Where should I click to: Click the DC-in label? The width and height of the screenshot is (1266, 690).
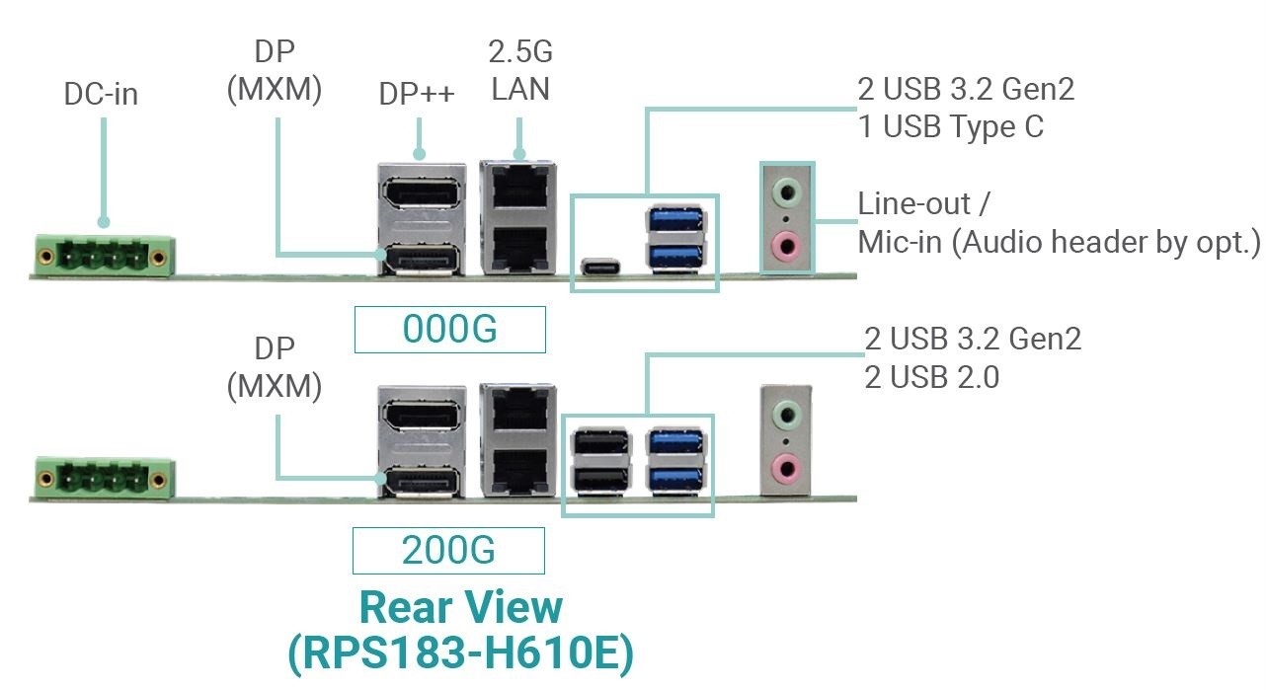click(101, 95)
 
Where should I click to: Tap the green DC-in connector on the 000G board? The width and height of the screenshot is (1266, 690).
click(105, 255)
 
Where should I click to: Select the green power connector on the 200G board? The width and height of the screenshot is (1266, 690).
click(105, 477)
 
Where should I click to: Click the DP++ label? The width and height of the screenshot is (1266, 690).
click(417, 95)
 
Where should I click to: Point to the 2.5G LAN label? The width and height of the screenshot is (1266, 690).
click(520, 70)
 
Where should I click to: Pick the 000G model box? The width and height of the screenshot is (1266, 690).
click(449, 330)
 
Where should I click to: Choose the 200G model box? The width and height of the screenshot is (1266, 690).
click(448, 551)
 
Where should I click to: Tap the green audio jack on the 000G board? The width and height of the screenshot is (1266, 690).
click(785, 190)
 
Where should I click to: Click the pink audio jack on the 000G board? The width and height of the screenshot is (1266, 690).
click(785, 242)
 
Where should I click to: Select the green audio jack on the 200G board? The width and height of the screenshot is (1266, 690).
click(785, 412)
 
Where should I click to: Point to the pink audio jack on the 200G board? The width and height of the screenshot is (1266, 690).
click(785, 464)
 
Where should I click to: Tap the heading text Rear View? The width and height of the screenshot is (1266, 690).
click(460, 607)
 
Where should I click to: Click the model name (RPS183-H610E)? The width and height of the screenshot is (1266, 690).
click(460, 654)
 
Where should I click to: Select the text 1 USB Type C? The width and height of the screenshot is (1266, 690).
click(950, 127)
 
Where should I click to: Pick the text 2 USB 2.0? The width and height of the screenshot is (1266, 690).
click(931, 376)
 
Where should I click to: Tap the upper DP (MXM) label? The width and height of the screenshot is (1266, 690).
click(274, 70)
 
